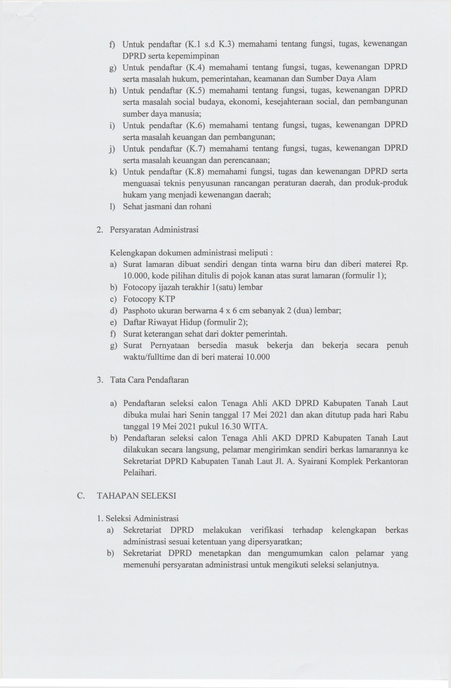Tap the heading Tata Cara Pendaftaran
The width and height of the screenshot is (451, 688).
click(149, 380)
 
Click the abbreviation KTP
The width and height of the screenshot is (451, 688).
click(166, 299)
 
